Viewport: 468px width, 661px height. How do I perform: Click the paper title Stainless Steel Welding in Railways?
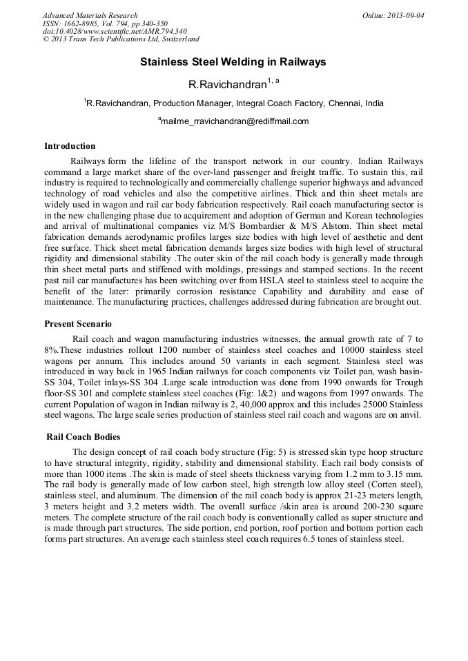coord(233,62)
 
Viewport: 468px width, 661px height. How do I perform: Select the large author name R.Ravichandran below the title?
coord(227,85)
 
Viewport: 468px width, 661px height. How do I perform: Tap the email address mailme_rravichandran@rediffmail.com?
coord(235,121)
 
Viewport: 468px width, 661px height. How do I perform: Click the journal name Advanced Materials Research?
coord(90,15)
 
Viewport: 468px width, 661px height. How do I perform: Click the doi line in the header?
coord(115,32)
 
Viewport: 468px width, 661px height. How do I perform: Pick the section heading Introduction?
coord(70,146)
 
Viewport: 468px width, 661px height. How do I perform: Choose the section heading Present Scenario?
coord(78,324)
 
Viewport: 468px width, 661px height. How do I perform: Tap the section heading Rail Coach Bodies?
coord(83,436)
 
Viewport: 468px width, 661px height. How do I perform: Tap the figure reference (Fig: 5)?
coord(262,452)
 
